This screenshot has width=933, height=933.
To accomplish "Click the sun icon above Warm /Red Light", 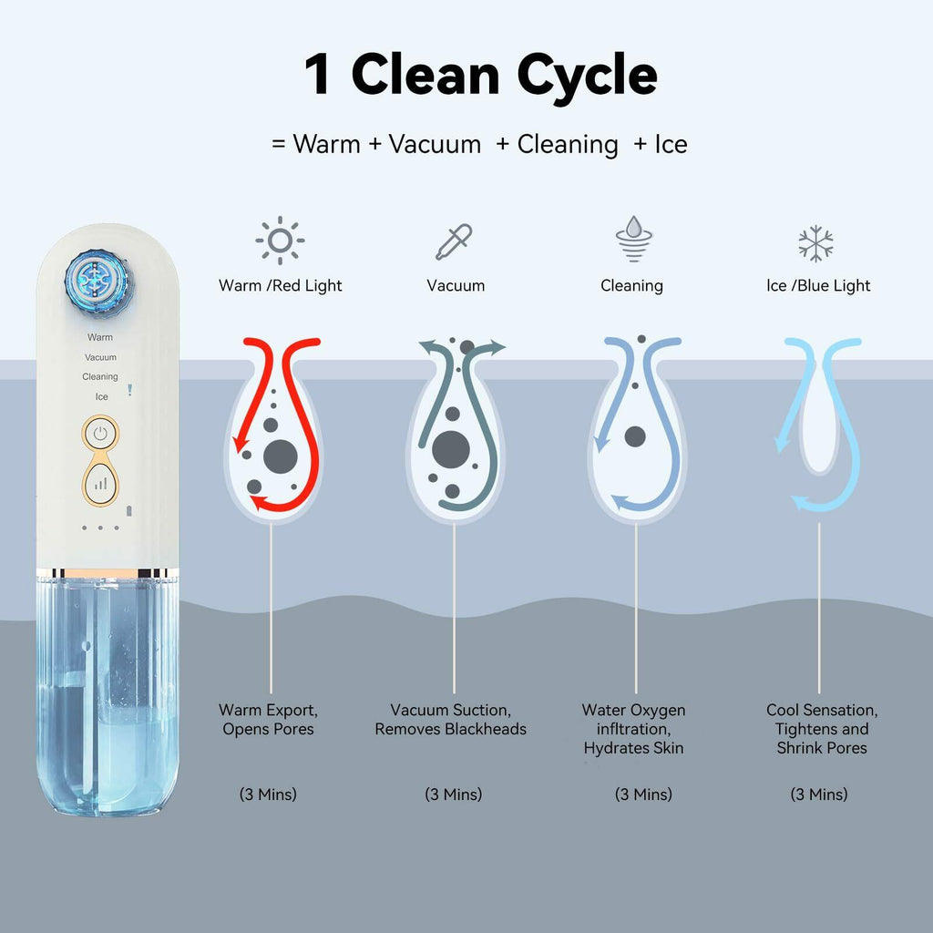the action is tap(280, 241).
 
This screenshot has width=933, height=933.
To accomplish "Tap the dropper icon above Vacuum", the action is tap(454, 241).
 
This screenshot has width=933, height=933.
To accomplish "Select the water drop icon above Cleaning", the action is tap(634, 239).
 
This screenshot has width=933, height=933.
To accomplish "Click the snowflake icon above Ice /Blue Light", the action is tap(815, 243).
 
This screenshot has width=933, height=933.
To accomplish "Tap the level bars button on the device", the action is tap(100, 484).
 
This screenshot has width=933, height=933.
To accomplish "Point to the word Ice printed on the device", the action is tap(102, 397).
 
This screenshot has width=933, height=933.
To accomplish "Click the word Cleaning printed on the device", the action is tap(100, 376).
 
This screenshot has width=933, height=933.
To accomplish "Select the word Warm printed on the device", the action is tap(100, 337).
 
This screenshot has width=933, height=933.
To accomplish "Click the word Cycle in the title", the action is tap(587, 77).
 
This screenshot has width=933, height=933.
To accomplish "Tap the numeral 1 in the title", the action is tap(316, 74).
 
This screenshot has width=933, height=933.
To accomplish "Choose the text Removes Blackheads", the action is tap(450, 729).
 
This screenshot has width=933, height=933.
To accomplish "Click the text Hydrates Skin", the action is tap(634, 748).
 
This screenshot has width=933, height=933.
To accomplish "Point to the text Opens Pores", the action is tap(269, 729).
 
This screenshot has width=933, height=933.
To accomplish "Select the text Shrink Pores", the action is tap(822, 748).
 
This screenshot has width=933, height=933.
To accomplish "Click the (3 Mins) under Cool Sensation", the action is tap(819, 795).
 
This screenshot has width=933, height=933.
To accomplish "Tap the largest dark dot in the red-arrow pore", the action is tap(281, 457).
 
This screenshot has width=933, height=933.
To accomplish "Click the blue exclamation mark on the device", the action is tap(129, 390).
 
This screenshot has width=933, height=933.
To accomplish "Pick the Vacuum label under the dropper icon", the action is tap(456, 285).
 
